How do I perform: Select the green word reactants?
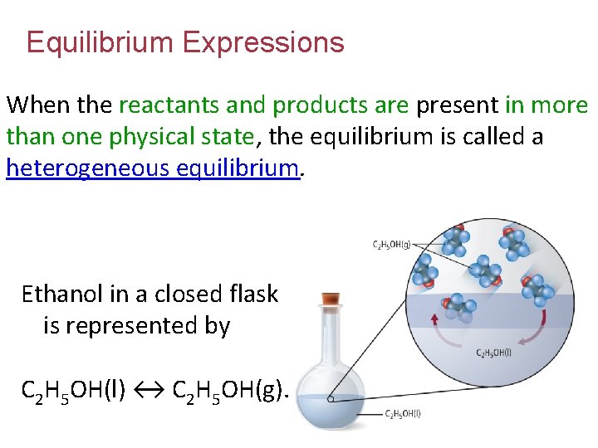pos(174,105)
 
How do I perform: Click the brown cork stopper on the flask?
pos(331,297)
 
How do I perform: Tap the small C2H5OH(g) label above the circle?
pos(391,244)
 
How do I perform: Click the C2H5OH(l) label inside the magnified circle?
pos(493,353)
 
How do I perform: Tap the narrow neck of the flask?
pos(331,332)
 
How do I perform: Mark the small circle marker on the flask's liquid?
pos(331,399)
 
